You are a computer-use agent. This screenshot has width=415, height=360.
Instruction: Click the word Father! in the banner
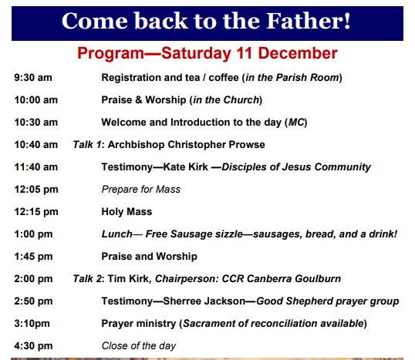tap(309, 21)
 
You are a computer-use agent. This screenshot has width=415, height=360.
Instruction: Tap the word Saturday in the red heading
tap(196, 53)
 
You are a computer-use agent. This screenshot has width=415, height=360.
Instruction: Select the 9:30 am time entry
tap(33, 78)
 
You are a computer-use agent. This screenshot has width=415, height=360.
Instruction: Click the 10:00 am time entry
tap(36, 100)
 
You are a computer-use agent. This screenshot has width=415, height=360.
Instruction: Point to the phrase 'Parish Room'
tap(307, 78)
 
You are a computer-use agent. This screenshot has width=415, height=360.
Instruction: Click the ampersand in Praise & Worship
tap(139, 100)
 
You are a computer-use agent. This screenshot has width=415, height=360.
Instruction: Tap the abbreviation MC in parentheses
tap(296, 123)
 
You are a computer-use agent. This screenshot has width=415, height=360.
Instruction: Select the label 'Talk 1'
tap(87, 145)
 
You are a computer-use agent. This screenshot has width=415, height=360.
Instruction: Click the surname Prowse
tap(246, 145)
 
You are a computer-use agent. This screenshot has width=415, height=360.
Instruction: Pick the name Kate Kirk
tap(185, 167)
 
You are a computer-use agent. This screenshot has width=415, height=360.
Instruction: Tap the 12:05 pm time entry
tap(36, 190)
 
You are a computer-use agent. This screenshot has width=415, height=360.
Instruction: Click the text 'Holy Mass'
tap(127, 212)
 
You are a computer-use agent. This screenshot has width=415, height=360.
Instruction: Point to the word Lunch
tap(117, 234)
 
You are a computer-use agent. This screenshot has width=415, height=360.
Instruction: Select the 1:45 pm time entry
tap(33, 257)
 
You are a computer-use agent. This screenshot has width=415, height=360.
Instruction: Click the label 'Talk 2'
tap(87, 279)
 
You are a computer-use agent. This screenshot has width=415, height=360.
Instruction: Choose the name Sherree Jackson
tap(204, 301)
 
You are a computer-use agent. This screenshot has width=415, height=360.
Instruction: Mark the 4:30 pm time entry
tap(33, 346)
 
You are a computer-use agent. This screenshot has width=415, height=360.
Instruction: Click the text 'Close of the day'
tap(139, 346)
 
